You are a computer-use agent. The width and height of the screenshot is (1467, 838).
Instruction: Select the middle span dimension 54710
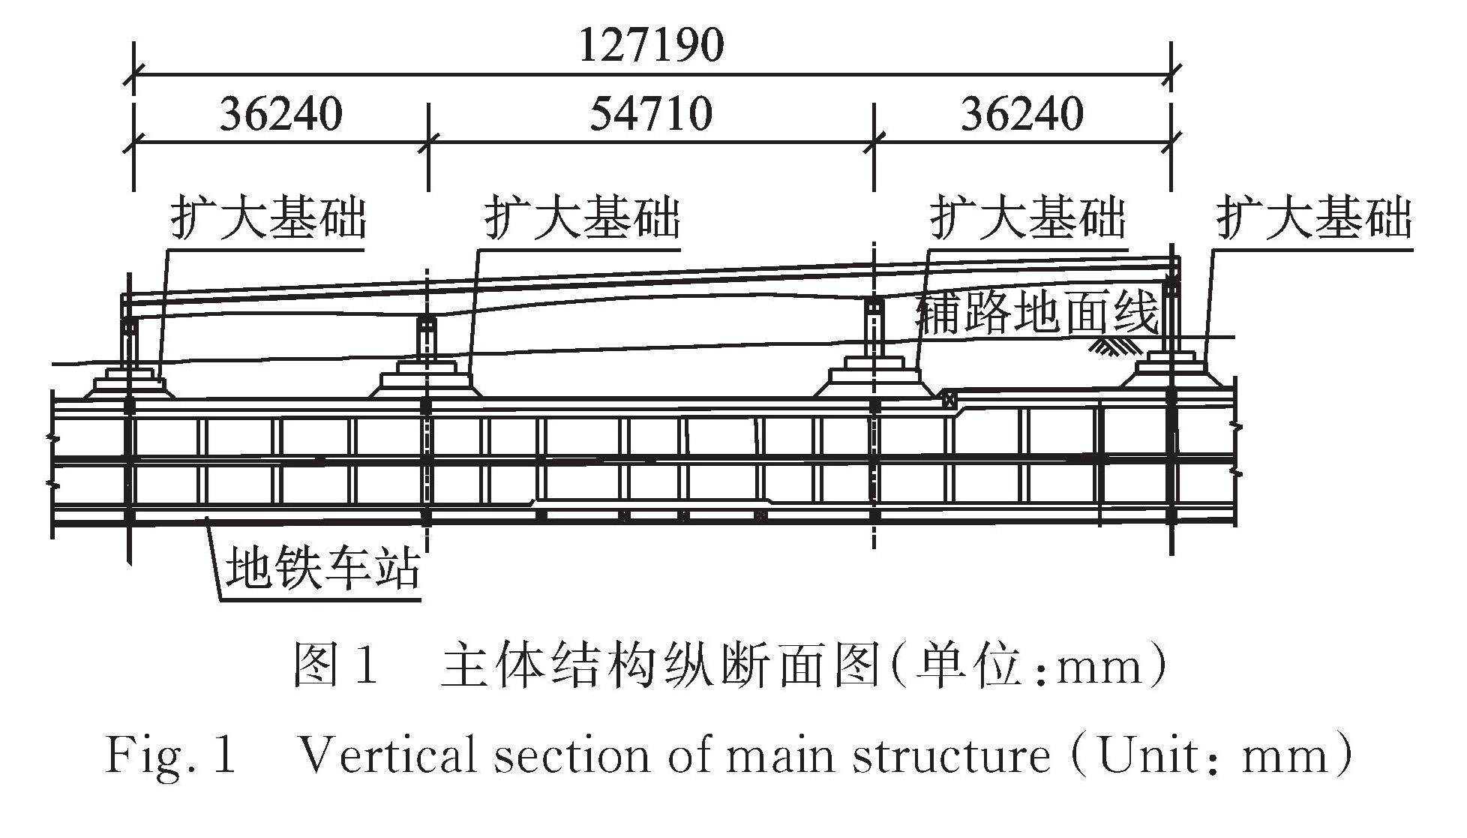(651, 114)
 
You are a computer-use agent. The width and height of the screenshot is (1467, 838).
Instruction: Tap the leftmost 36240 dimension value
(280, 114)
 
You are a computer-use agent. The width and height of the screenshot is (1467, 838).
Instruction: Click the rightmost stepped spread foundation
(1173, 373)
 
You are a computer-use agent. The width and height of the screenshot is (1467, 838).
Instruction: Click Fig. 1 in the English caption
(171, 755)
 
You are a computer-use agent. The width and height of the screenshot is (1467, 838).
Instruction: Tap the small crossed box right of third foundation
(951, 398)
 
